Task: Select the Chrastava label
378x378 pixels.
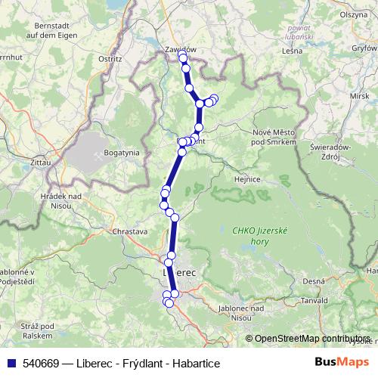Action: pyautogui.click(x=128, y=231)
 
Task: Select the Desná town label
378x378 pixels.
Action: pyautogui.click(x=313, y=280)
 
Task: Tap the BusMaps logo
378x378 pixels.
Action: pyautogui.click(x=342, y=363)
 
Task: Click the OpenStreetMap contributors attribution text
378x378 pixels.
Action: pyautogui.click(x=311, y=339)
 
